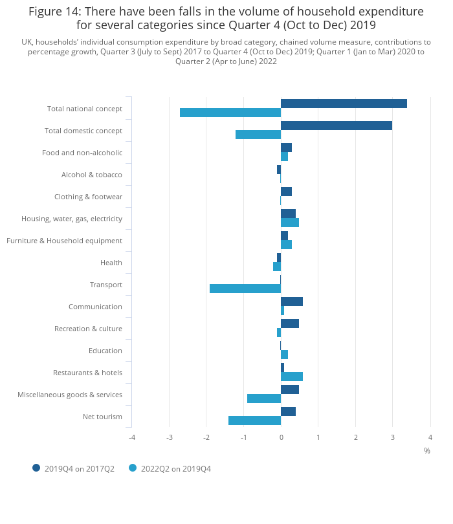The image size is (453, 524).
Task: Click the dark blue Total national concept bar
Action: [x=344, y=104]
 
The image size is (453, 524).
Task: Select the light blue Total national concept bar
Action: [x=230, y=113]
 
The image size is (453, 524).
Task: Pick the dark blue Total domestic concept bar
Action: [x=337, y=126]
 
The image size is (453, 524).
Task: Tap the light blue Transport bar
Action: [x=245, y=289]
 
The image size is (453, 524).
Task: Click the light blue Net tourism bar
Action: [x=254, y=420]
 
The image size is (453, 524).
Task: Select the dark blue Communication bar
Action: [x=292, y=301]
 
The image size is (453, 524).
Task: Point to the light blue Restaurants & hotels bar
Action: [x=292, y=377]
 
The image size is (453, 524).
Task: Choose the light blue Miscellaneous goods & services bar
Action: [x=264, y=398]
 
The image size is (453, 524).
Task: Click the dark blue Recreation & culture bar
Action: [x=290, y=323]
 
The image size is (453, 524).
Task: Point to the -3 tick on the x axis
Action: [x=169, y=437]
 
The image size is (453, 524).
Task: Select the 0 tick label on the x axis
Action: [x=281, y=437]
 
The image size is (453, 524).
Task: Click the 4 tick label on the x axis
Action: [x=430, y=437]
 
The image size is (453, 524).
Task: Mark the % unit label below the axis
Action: [x=427, y=451]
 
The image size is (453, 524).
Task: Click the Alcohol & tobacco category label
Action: [x=91, y=175]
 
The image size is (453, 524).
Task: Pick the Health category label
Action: [x=111, y=263]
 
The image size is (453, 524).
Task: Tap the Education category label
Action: [x=105, y=351]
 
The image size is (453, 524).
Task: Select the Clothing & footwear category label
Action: [x=88, y=197]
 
